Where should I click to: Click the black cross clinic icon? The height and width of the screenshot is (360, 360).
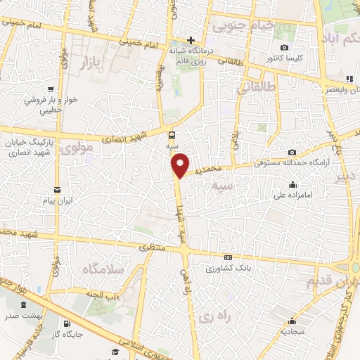(x=190, y=40)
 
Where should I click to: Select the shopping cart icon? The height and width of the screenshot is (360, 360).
(x=51, y=89)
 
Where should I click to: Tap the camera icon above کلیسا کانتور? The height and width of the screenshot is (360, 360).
(x=284, y=46)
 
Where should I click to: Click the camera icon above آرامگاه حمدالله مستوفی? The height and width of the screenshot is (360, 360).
(x=292, y=153)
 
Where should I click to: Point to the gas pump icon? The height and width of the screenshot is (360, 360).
(x=66, y=325)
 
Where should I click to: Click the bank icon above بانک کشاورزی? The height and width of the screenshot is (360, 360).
(x=227, y=258)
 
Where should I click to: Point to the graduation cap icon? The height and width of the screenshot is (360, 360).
(x=114, y=351)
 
